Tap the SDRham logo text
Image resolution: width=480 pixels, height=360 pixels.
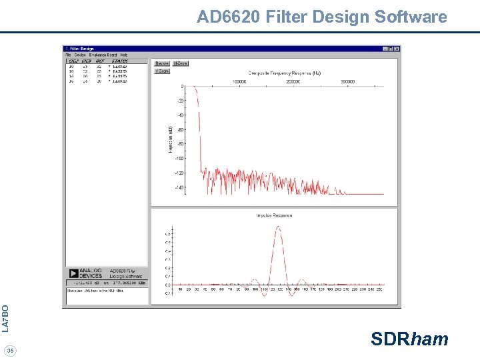(x=409, y=339)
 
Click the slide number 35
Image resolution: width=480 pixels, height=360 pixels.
(x=10, y=351)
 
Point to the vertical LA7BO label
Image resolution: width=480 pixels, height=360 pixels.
(x=6, y=318)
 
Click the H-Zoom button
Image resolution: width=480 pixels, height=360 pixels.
(x=181, y=63)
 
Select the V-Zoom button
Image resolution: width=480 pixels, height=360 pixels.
(x=161, y=71)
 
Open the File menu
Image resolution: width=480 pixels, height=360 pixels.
(x=68, y=55)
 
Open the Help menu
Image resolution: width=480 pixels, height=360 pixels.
(x=124, y=55)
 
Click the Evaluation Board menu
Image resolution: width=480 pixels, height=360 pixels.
(x=103, y=55)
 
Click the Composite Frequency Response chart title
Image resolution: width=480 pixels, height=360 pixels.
(x=285, y=73)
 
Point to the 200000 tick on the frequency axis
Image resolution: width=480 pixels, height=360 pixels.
(x=293, y=82)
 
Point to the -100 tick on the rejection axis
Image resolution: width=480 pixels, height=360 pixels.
(x=179, y=158)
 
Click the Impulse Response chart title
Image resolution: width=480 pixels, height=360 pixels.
(x=274, y=215)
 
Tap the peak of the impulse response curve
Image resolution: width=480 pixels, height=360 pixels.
(x=278, y=227)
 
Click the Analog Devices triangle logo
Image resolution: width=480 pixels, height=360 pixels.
(x=73, y=273)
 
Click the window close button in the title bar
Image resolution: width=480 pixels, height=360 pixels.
(x=397, y=49)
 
